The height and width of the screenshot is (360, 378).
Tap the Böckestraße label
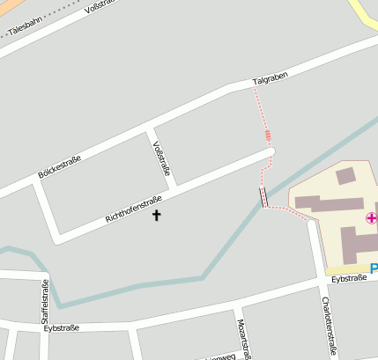tap(60, 167)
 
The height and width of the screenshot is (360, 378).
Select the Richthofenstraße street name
tap(134, 208)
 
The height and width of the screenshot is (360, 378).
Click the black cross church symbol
tap(158, 214)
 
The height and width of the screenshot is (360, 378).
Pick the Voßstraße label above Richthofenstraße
tap(160, 158)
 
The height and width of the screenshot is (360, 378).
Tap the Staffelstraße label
tap(45, 302)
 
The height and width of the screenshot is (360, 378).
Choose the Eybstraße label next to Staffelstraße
tap(61, 327)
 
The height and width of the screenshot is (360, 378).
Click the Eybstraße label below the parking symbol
tap(349, 278)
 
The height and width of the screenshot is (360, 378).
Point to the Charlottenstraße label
tap(328, 326)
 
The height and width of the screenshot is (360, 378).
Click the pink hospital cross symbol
tap(372, 217)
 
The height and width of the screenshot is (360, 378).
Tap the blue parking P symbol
tap(374, 268)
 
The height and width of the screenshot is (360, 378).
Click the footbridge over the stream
tap(263, 196)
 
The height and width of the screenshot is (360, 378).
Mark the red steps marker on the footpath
tap(268, 135)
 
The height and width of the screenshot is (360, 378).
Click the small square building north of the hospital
tap(345, 175)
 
